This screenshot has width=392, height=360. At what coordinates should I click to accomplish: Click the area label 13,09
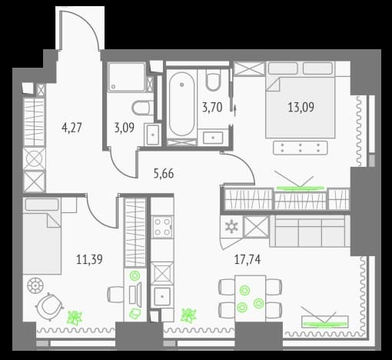coord(301,107)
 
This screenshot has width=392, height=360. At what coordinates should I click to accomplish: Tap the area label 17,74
coord(247,259)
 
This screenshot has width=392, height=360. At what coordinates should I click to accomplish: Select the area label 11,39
coord(89,259)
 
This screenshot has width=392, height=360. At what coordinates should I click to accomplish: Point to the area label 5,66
coord(164,174)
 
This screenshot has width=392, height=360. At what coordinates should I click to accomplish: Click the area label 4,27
coord(71,128)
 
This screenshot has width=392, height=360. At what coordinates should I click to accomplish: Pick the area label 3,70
coord(212,107)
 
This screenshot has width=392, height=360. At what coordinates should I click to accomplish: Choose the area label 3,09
coord(125,128)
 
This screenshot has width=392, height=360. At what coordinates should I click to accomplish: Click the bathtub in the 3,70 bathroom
coord(181,104)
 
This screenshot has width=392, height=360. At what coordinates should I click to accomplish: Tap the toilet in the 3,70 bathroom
coord(213,79)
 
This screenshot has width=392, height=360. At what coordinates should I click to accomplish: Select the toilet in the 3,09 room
coord(143,108)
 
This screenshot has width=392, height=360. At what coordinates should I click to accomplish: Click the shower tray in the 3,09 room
coord(126,77)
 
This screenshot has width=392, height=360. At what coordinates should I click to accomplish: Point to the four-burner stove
coord(162,227)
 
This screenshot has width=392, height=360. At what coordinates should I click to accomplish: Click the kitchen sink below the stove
coord(162,296)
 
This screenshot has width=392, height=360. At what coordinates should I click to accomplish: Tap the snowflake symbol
coord(231,227)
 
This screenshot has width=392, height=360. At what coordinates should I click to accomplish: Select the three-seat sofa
coord(310,231)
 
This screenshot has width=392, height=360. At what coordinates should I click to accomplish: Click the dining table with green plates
coord(250,298)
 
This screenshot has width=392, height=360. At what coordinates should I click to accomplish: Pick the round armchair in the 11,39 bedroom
coord(49,306)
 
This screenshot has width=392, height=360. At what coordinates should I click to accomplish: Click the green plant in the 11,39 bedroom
coord(75,318)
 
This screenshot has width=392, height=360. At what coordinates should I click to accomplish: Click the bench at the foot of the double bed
coord(301,148)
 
